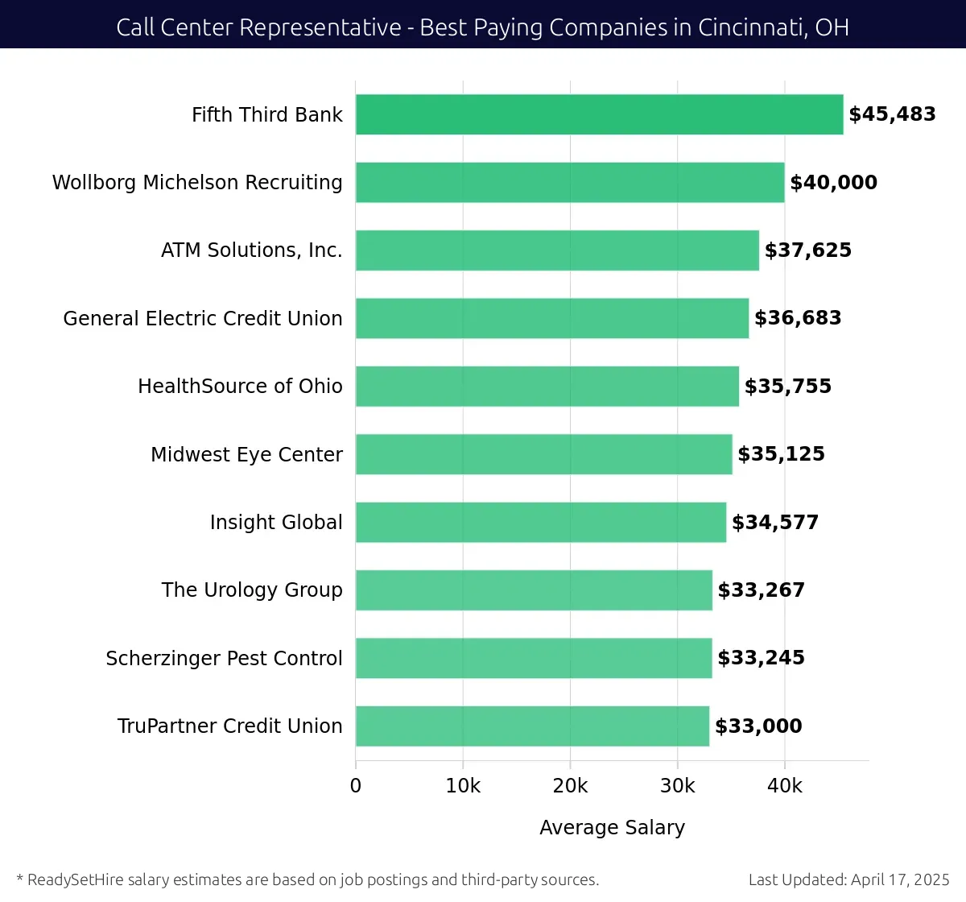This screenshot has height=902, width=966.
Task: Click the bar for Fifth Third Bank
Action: coord(599,114)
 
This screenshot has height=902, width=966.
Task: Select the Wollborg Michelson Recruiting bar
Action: coord(570,182)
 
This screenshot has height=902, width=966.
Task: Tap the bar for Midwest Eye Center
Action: coord(543,454)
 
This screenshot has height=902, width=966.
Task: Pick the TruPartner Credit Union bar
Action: coord(532,726)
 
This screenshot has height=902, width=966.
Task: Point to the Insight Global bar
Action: coord(540,522)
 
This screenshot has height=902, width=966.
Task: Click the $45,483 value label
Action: coord(892,114)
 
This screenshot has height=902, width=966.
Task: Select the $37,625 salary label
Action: coord(807,250)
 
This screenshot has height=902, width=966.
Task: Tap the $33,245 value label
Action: coord(761,658)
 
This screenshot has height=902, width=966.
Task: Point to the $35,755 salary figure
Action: coord(787,387)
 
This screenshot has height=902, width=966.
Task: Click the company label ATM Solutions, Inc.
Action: coord(251,250)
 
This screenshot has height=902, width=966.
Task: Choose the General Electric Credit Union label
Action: coord(203,318)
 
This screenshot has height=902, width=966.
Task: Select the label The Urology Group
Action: coord(251,590)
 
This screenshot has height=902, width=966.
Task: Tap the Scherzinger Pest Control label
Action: coord(224,658)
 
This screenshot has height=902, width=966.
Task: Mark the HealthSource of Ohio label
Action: coord(240,387)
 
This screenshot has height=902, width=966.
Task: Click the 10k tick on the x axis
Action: coord(463,786)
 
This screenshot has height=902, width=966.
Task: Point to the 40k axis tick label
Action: coord(785,786)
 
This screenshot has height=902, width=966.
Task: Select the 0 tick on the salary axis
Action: coord(356,786)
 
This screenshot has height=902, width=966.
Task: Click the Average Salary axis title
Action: coord(612,827)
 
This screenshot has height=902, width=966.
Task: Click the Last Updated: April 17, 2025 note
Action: coord(848,879)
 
